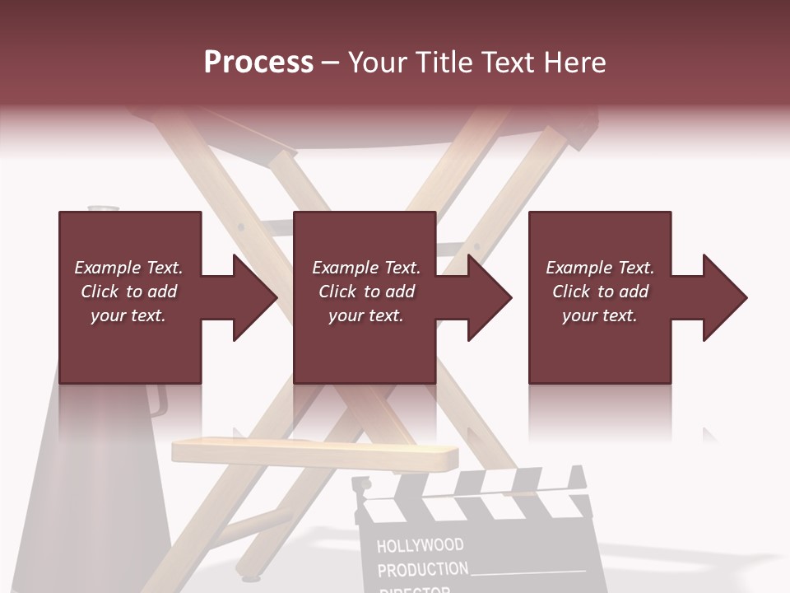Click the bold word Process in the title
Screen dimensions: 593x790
tap(258, 63)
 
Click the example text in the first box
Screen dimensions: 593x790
tap(128, 292)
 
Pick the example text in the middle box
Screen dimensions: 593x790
tap(365, 292)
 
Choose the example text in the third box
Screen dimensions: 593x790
tap(600, 292)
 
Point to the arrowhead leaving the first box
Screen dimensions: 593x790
tap(252, 297)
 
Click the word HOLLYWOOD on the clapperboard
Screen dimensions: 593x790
tap(420, 545)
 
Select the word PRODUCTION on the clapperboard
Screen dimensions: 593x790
tap(422, 569)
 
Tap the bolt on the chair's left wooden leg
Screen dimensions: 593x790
tap(240, 226)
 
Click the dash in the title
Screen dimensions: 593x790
tap(330, 63)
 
